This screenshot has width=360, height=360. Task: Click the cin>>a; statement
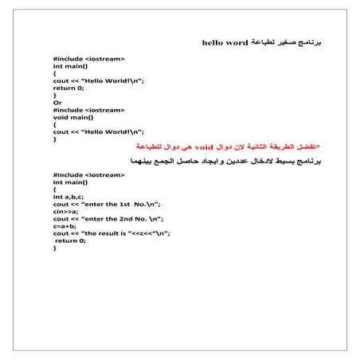65,211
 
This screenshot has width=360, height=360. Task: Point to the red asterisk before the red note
319,147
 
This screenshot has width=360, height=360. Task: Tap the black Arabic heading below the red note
239,161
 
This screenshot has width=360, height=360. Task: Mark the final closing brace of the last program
55,248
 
